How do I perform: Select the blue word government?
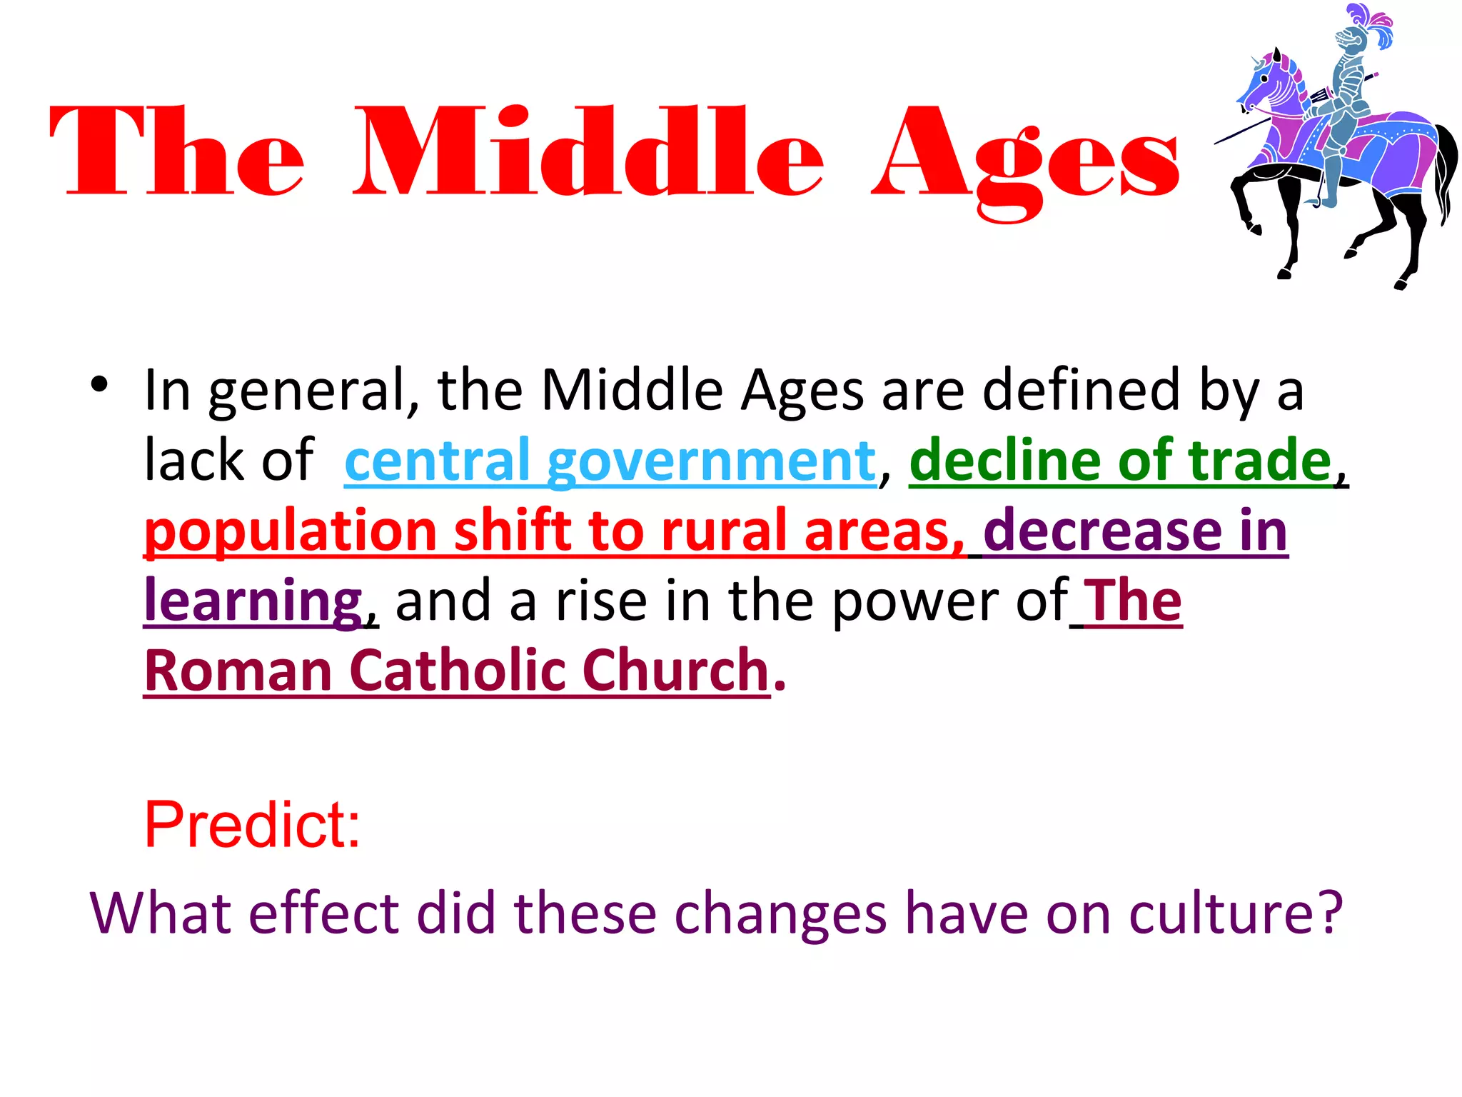point(711,461)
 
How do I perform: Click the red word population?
point(290,532)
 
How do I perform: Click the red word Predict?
point(252,825)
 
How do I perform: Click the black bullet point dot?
point(99,385)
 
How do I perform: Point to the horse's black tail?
point(1446,171)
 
